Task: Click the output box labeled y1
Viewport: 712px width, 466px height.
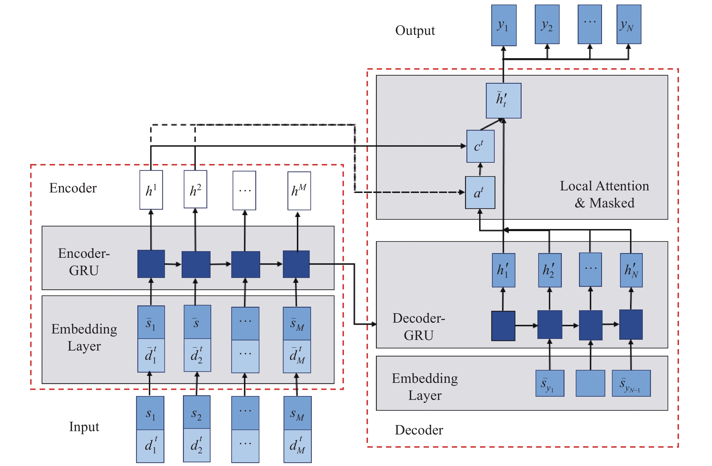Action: click(x=504, y=25)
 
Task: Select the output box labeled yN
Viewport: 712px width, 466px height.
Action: click(x=629, y=25)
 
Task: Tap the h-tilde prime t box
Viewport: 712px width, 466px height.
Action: click(x=504, y=100)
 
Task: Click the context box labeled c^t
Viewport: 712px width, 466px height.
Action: click(x=481, y=146)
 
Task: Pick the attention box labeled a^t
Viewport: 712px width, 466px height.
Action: click(x=480, y=192)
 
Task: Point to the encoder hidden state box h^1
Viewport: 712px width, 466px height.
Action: click(x=151, y=190)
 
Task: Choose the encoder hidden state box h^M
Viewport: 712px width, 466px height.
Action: click(x=299, y=191)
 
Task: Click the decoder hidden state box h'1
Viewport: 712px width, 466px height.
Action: click(x=504, y=270)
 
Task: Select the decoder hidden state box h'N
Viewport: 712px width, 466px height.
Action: click(x=631, y=270)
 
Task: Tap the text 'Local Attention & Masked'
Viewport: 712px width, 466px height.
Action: click(x=604, y=195)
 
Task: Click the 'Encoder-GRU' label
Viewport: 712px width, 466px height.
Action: click(x=84, y=262)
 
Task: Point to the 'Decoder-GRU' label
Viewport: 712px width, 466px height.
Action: click(x=419, y=327)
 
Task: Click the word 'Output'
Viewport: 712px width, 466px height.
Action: click(x=415, y=30)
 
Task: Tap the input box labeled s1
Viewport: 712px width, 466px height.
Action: click(x=150, y=413)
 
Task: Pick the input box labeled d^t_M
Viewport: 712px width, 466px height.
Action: click(x=297, y=446)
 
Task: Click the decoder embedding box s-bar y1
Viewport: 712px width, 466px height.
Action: click(x=550, y=383)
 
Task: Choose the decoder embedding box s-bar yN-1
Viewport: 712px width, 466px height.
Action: click(x=631, y=383)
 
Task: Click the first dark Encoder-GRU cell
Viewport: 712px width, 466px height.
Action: click(x=151, y=264)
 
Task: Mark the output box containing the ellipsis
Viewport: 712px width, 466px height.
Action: click(x=590, y=25)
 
